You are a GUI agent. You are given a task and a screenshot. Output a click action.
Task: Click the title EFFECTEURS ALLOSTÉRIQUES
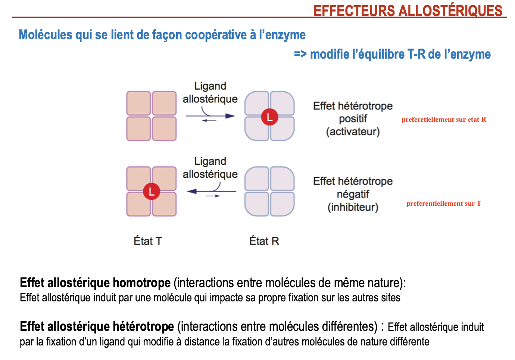coord(408,11)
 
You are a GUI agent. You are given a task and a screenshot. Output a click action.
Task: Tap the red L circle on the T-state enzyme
coord(152,192)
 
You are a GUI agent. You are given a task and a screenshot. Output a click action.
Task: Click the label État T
coord(148,241)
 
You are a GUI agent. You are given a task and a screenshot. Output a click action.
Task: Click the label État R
coord(264,241)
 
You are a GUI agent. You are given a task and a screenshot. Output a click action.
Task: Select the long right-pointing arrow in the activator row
coord(210,116)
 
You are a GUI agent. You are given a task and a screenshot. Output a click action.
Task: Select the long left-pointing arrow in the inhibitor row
coord(211,192)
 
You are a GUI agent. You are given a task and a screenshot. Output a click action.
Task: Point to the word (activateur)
coord(353,132)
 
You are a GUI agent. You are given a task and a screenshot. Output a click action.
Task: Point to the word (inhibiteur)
coord(353,207)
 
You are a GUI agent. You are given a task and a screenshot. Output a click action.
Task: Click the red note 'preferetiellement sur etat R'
coord(444,120)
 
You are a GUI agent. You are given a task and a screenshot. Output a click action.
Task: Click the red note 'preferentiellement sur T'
coord(444,204)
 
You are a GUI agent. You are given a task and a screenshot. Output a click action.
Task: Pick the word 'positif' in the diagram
coord(353,119)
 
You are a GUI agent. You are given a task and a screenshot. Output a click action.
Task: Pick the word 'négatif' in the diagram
coord(353,194)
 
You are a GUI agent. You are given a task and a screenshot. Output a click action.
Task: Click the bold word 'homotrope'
coord(141,283)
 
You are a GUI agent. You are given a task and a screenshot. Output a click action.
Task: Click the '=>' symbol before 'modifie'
coord(300,54)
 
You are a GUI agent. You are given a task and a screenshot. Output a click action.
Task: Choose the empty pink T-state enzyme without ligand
coord(152,116)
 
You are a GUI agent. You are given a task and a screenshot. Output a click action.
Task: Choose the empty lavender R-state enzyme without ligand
coord(269,192)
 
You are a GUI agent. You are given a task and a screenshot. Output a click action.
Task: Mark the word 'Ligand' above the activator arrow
coord(210,86)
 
